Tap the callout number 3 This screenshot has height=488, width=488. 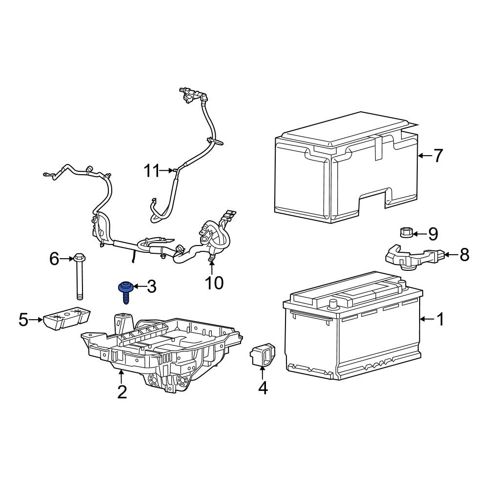(151, 287)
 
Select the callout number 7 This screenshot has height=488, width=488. (438, 156)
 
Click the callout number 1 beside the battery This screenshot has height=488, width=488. (440, 320)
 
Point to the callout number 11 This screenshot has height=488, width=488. (152, 171)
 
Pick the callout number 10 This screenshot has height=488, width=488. (214, 282)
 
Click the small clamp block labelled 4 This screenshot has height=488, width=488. (263, 355)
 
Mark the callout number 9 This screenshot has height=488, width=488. (433, 234)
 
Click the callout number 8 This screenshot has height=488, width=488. (464, 254)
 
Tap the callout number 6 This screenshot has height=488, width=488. (54, 258)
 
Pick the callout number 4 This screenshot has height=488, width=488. (263, 388)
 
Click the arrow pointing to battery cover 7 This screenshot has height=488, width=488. (424, 156)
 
